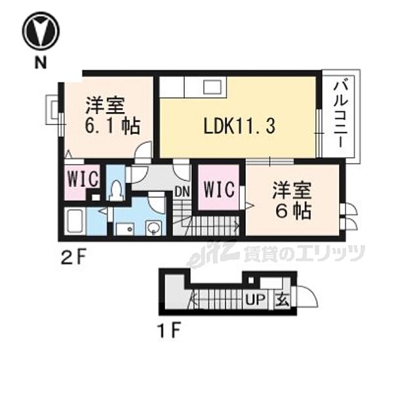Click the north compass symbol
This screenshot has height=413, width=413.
point(41,30)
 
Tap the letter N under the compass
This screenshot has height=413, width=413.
point(41,63)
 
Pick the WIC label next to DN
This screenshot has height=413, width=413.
point(219,190)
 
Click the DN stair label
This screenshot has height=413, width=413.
point(182,192)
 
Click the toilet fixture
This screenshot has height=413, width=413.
point(116,190)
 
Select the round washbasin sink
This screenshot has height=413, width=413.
point(153,228)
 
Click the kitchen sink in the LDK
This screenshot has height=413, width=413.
point(214,88)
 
